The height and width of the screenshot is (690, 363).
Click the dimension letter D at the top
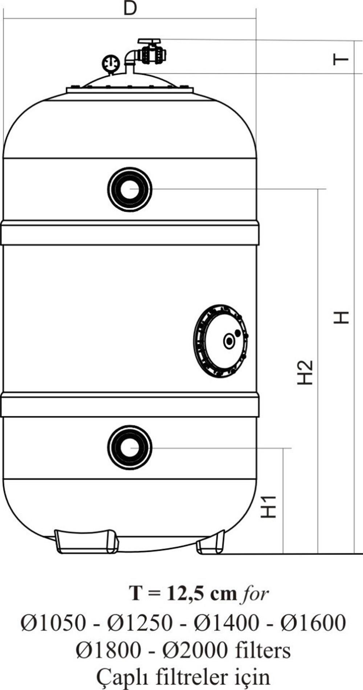[x=130, y=8]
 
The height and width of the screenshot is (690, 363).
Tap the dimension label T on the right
[x=341, y=59]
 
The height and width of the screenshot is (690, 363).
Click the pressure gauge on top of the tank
[x=111, y=63]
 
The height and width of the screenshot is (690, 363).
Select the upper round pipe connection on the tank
[x=130, y=189]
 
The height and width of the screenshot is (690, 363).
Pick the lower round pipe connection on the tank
[x=130, y=448]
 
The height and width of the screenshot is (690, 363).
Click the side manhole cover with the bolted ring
[x=221, y=341]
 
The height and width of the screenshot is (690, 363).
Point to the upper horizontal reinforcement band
[x=130, y=233]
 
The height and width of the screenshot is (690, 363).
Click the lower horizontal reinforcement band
[x=130, y=404]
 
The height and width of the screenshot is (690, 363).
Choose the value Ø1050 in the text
[x=53, y=623]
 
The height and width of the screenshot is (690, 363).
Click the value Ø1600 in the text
[x=313, y=623]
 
